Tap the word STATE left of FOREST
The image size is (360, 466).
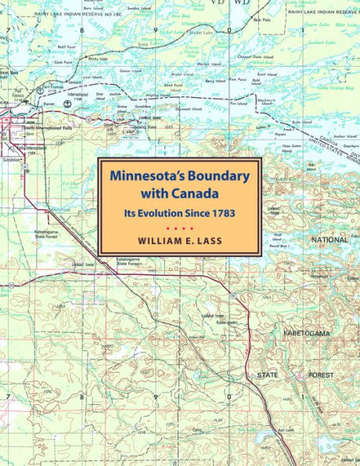(x=268, y=376)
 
